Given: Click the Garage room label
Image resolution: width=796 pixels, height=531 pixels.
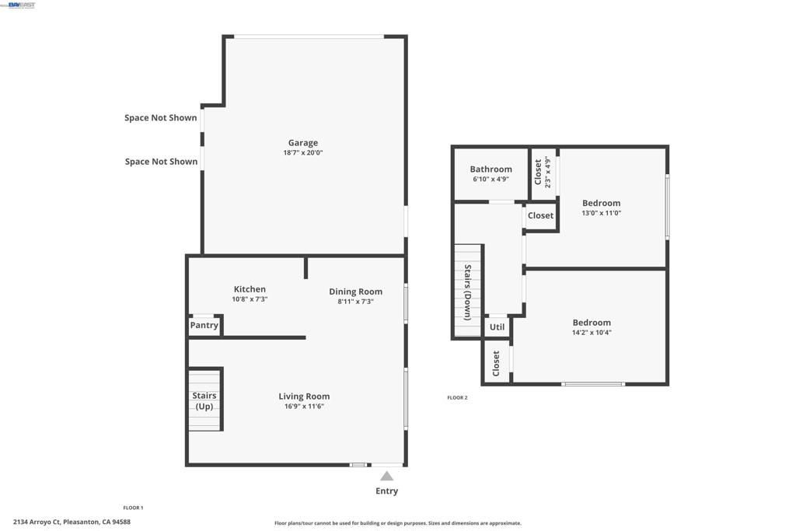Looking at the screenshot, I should pyautogui.click(x=302, y=143).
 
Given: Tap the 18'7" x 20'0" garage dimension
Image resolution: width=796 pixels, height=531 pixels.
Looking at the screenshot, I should pyautogui.click(x=302, y=153).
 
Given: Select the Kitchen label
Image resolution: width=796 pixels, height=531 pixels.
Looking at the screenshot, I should pyautogui.click(x=250, y=289).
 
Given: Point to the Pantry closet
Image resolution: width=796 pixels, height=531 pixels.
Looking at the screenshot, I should pyautogui.click(x=204, y=326).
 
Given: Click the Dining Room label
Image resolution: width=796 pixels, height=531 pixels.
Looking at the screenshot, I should pyautogui.click(x=355, y=292).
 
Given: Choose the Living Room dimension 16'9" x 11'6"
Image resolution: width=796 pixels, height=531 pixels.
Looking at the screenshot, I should pyautogui.click(x=304, y=406).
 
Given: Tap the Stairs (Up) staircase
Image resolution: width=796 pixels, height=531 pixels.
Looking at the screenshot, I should pyautogui.click(x=205, y=400).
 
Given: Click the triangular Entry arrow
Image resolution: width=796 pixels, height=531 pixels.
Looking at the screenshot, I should pyautogui.click(x=386, y=476).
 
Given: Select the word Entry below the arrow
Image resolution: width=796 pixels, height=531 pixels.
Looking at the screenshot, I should pyautogui.click(x=386, y=491).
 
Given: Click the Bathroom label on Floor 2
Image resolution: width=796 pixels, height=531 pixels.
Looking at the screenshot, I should pyautogui.click(x=491, y=169).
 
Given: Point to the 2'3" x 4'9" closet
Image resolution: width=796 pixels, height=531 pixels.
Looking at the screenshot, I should pyautogui.click(x=543, y=173).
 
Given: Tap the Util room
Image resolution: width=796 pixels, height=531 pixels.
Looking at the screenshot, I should pyautogui.click(x=497, y=327).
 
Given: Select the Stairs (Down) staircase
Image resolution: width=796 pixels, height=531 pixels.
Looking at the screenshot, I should pyautogui.click(x=468, y=292).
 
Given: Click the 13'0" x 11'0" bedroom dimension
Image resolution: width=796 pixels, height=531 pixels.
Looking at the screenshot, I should pyautogui.click(x=601, y=213).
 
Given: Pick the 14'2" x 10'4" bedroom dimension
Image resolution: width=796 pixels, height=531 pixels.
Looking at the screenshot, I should pyautogui.click(x=592, y=333).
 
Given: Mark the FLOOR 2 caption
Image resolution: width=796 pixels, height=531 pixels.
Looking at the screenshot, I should pyautogui.click(x=457, y=398).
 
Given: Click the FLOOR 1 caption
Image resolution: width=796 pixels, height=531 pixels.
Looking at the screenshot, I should pyautogui.click(x=133, y=508).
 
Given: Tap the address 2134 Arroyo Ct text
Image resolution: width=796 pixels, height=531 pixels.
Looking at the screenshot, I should pyautogui.click(x=72, y=522).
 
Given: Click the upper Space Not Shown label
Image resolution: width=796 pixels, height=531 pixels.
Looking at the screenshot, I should pyautogui.click(x=161, y=118).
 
